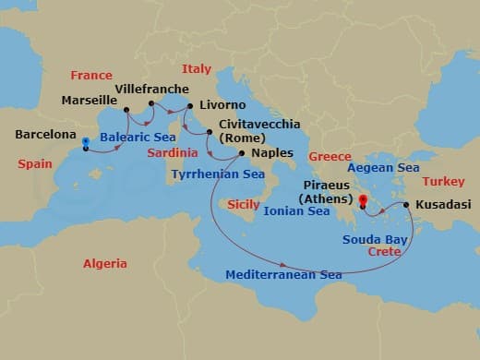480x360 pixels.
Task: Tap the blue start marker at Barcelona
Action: click(85, 142)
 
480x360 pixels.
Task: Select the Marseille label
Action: click(90, 100)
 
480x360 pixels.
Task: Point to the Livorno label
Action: click(222, 105)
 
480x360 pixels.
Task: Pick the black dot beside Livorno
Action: click(190, 105)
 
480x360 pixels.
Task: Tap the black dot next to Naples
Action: click(242, 153)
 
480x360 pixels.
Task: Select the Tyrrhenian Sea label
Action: click(218, 173)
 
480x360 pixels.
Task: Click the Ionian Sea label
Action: click(296, 211)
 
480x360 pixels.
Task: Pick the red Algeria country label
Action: click(105, 263)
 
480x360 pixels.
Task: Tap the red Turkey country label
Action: click(444, 182)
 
